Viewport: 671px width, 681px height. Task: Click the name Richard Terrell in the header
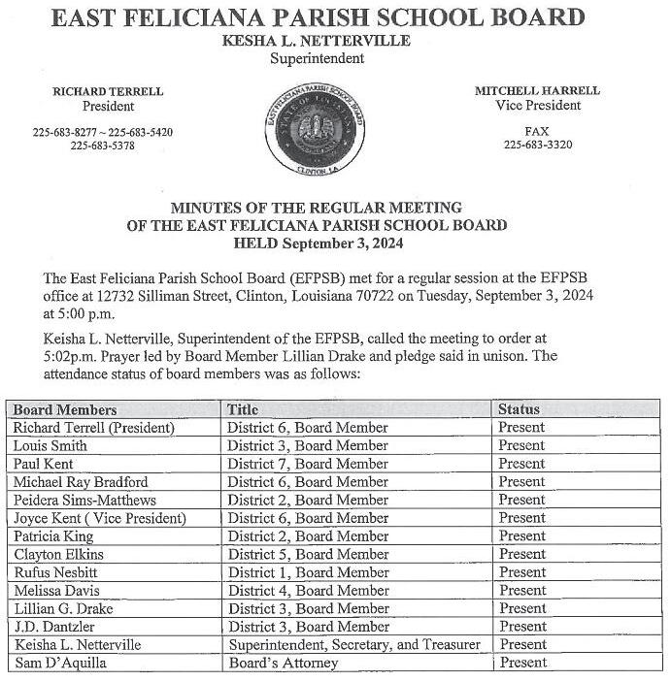tap(108, 91)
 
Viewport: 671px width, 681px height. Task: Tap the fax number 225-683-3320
tap(537, 145)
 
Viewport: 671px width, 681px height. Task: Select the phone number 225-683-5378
tap(102, 146)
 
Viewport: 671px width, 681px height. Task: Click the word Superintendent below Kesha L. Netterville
tap(317, 58)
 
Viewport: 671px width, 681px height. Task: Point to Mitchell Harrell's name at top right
tap(537, 90)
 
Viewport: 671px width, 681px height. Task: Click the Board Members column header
tap(65, 409)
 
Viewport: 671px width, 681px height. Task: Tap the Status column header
tap(519, 409)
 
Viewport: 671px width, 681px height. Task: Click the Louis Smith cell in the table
tap(50, 445)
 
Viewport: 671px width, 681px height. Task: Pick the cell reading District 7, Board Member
tap(308, 464)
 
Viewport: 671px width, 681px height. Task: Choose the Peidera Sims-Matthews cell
tap(84, 500)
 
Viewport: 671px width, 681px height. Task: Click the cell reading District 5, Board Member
tap(308, 554)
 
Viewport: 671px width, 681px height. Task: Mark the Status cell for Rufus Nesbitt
tap(521, 572)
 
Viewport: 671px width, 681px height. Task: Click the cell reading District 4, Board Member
tap(308, 590)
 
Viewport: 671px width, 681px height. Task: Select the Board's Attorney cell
tap(284, 663)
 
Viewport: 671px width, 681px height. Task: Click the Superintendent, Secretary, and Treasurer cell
tap(354, 644)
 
